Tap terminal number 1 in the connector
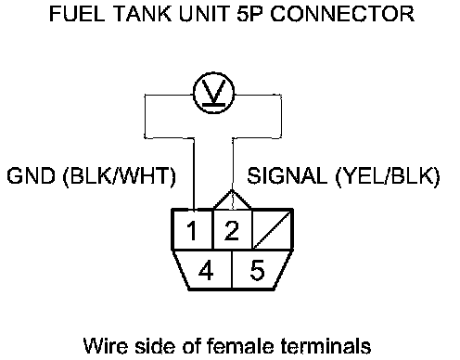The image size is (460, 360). pos(192,229)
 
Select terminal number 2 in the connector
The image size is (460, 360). pos(233,229)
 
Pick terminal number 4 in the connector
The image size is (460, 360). pos(206,270)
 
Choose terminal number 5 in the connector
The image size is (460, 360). pos(257,270)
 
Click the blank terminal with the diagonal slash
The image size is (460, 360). pos(273,229)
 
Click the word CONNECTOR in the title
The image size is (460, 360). pos(342,14)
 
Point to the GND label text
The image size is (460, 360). pos(31,175)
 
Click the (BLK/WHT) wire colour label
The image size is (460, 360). pos(120,177)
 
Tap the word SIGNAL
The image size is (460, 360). pos(287,175)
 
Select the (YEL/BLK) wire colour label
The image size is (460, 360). pos(388,177)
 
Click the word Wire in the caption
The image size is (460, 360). pos(106,345)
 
